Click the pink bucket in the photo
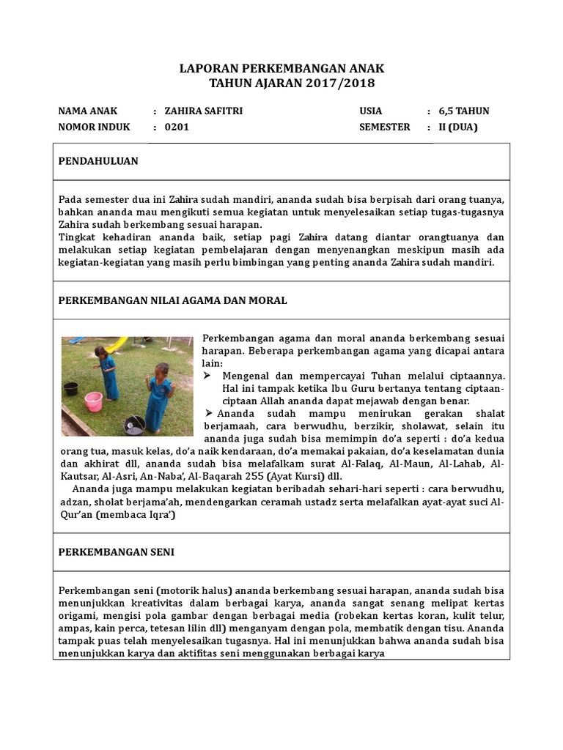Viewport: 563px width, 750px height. point(93,401)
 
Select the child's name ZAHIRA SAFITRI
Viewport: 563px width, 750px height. point(204,111)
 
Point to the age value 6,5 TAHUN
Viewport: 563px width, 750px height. point(463,111)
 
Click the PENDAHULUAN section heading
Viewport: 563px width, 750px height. point(98,161)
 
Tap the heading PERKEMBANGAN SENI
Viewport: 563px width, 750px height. point(116,552)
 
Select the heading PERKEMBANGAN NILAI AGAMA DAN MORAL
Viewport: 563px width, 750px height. point(172,300)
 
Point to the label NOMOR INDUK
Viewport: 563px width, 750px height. point(94,127)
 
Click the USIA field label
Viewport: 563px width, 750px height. point(371,111)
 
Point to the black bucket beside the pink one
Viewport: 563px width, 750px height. point(71,387)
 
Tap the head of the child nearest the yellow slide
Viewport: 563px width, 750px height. point(100,352)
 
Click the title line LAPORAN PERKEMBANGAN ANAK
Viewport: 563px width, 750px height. point(281,68)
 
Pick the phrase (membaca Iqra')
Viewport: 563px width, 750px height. point(132,514)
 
